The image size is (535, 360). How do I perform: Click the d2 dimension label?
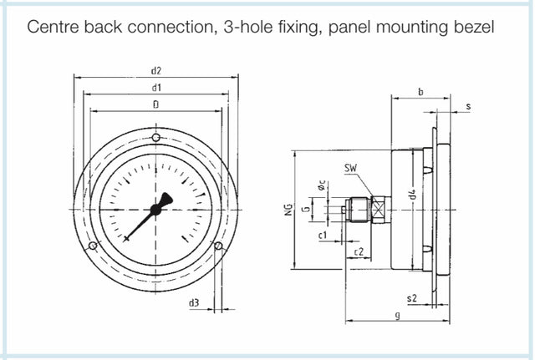click(x=156, y=70)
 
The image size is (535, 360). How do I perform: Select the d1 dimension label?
click(x=156, y=87)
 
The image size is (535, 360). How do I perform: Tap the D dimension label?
click(x=156, y=104)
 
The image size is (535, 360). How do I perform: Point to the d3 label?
click(x=194, y=302)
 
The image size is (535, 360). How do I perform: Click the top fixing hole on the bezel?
click(x=156, y=138)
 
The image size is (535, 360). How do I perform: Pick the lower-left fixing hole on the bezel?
click(x=94, y=246)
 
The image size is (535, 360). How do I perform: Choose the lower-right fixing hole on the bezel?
click(x=219, y=246)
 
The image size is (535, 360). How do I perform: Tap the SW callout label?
click(x=350, y=170)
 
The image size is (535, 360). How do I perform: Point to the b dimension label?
click(x=420, y=92)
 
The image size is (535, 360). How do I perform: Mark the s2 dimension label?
click(x=410, y=297)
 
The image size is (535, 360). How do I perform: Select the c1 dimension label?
click(x=322, y=236)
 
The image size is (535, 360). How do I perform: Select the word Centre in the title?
click(x=54, y=27)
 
